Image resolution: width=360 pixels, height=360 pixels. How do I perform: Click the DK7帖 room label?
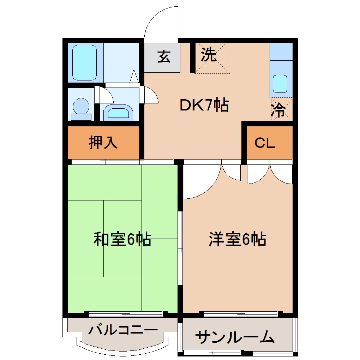coord(204,105)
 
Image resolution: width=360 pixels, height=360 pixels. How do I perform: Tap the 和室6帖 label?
coord(122,239)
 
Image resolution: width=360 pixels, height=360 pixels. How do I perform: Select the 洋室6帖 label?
coord(237,239)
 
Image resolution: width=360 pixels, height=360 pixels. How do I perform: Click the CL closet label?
coord(265,143)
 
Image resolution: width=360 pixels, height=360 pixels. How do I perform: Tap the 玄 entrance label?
coord(163,56)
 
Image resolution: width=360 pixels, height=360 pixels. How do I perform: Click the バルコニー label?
coord(123,330)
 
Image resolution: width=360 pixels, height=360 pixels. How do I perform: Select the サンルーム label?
coord(234,337)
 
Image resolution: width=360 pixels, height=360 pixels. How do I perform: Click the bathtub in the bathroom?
coord(84,62)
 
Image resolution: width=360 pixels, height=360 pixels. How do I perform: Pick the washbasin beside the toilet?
coord(118,113)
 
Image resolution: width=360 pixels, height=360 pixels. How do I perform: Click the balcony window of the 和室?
coord(126,313)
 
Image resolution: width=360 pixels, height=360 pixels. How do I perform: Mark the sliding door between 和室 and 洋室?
coord(180,247)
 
